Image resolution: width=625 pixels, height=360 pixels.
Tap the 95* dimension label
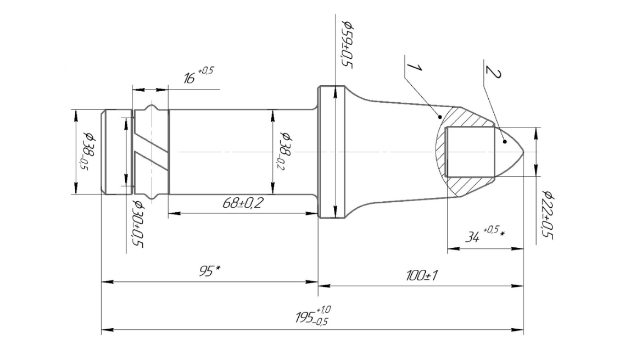pos(209,271)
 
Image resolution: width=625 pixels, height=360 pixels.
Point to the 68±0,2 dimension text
pos(243,203)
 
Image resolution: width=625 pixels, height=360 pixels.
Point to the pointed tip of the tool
pos(522,152)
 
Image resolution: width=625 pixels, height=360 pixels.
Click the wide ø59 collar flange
pos(332,152)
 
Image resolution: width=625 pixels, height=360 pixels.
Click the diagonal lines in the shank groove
pos(151,152)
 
